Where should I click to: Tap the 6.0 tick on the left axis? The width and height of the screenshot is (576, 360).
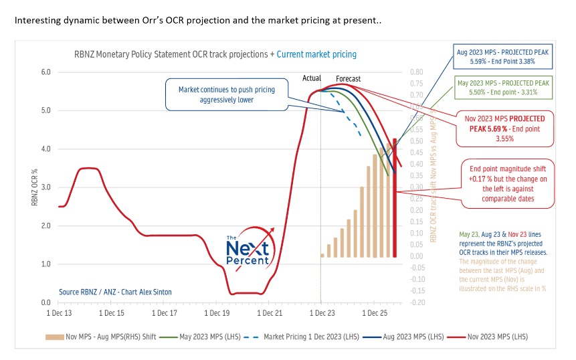point(47,72)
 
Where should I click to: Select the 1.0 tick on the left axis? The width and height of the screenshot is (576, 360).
point(47,264)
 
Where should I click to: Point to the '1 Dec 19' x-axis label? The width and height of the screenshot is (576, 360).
point(216,312)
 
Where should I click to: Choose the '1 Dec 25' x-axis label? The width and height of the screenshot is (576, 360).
point(373,312)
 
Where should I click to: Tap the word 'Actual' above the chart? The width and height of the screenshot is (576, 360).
point(312,79)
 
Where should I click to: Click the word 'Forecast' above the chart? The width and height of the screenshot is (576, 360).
point(348,79)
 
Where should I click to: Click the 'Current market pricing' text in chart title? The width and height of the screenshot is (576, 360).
point(316,54)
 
